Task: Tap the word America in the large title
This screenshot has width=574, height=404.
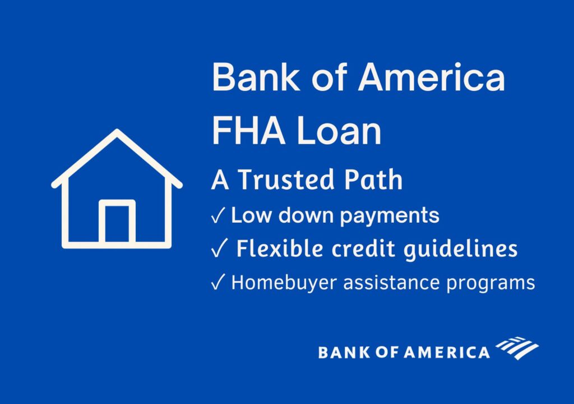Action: click(432, 77)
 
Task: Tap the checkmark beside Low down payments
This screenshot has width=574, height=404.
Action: click(218, 215)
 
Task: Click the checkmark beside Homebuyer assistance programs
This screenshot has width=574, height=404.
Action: click(217, 282)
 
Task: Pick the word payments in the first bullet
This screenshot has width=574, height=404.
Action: click(390, 216)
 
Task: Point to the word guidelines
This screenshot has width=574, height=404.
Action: click(461, 249)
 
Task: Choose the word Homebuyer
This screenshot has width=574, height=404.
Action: click(284, 283)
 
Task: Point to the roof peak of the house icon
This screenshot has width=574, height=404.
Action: click(117, 131)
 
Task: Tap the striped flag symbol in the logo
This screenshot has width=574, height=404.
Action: click(517, 347)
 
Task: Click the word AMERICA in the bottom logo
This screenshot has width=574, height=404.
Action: click(447, 352)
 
